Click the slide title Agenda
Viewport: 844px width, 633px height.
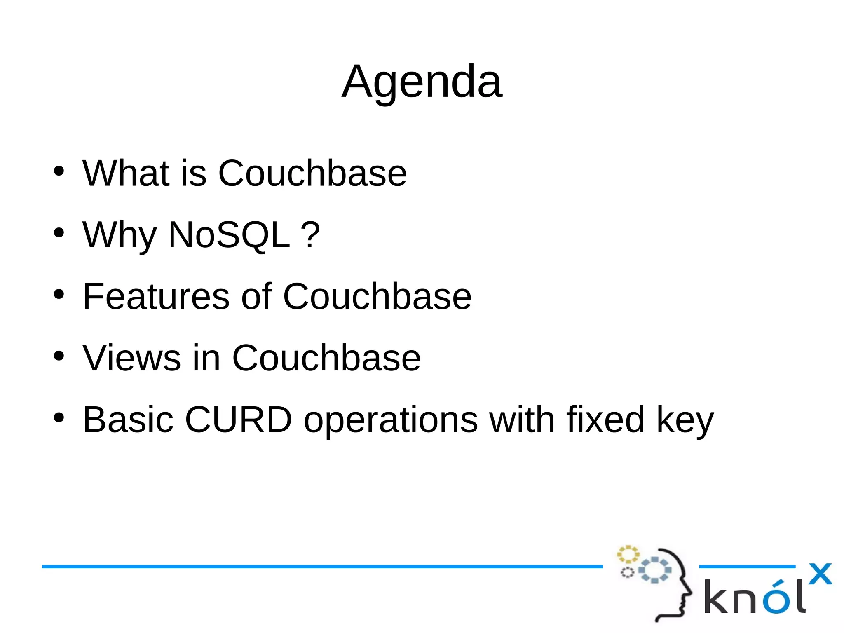click(422, 82)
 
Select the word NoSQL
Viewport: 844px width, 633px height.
click(229, 235)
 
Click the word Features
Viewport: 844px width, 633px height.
click(156, 296)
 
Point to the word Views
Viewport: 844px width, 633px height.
click(131, 358)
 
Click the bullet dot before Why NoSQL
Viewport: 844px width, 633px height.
click(59, 233)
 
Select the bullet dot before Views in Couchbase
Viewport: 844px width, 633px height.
click(59, 356)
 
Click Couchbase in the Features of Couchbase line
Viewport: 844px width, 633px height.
click(377, 296)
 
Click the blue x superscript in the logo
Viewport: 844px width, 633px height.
click(820, 574)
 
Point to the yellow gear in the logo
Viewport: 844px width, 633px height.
click(628, 554)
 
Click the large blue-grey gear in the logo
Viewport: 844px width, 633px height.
click(655, 570)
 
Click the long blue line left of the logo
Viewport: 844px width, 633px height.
click(321, 567)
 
